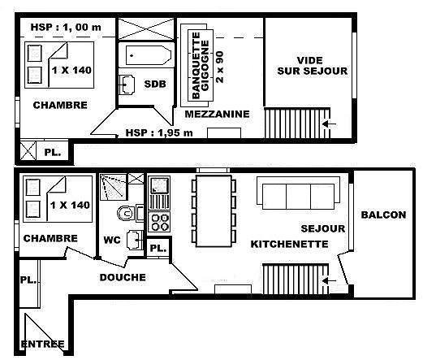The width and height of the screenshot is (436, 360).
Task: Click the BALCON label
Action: [x=383, y=215]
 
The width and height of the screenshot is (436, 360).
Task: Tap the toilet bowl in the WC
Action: [x=126, y=214]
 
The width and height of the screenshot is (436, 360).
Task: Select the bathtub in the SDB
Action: [x=148, y=55]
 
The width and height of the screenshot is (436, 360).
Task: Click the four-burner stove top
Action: [x=159, y=222]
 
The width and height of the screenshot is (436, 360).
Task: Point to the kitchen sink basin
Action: [x=159, y=184]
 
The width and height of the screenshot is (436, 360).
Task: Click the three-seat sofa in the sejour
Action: [x=298, y=193]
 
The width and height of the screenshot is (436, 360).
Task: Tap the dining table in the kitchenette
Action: [x=214, y=210]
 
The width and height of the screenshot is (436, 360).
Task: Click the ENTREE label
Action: [x=43, y=344]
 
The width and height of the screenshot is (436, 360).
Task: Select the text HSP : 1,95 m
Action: [x=159, y=133]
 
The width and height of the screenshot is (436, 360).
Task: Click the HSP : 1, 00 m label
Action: [x=66, y=28]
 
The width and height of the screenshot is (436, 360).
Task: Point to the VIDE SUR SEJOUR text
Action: [x=312, y=66]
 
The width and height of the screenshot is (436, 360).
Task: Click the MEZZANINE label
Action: [x=217, y=114]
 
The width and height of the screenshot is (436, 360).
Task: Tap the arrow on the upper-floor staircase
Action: [x=329, y=124]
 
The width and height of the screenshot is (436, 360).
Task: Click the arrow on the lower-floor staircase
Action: [x=329, y=280]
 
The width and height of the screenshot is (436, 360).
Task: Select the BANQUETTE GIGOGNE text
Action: [x=201, y=66]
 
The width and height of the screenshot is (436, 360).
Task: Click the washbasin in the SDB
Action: [x=127, y=85]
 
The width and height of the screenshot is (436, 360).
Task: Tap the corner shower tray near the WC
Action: [x=113, y=187]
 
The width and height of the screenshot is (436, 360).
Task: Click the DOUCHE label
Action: [x=123, y=277]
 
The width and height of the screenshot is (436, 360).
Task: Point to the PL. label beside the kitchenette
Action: [x=158, y=248]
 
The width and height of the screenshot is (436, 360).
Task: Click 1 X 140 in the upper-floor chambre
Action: [x=71, y=70]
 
